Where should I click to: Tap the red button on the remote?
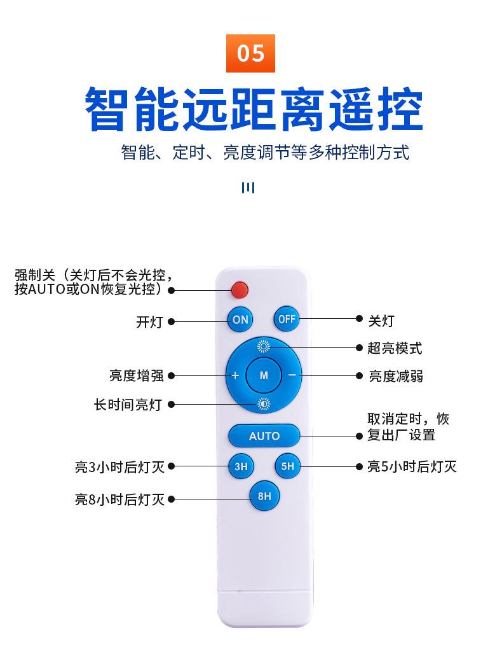pos(240,290)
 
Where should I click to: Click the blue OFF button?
pos(287,319)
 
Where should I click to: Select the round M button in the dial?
pos(264,375)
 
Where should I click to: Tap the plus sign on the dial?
pos(235,375)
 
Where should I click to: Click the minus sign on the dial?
pos(292,375)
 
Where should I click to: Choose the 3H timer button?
pos(241,466)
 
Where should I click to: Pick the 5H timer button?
pos(287,466)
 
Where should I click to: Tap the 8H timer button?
pos(264,496)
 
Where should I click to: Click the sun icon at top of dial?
pos(264,347)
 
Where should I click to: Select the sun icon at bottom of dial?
pos(264,403)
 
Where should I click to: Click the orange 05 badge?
pos(251,53)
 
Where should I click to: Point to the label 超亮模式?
pos(395,348)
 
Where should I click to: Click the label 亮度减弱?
pos(396,376)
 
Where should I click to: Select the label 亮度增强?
pos(137,376)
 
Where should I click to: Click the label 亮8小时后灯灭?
pos(120,500)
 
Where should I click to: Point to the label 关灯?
pos(381,321)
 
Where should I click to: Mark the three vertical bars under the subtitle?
pos(248,187)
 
